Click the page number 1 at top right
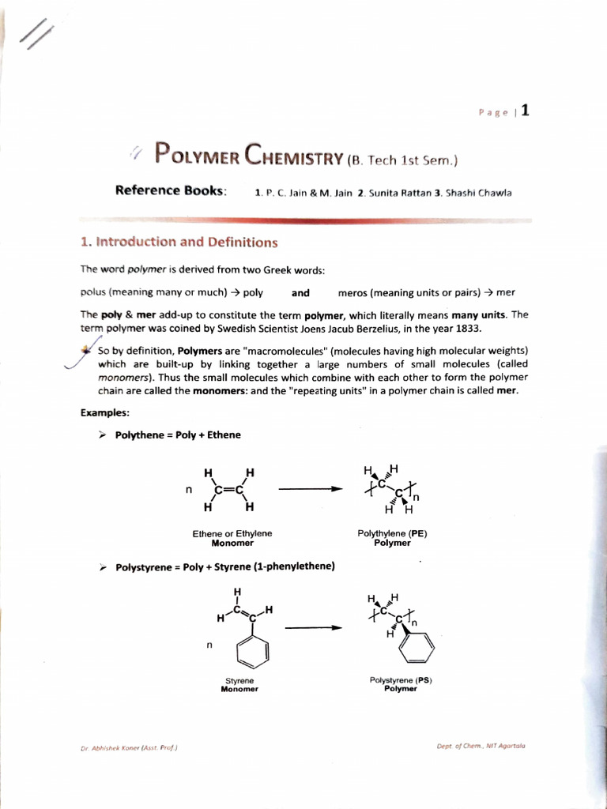click(x=524, y=110)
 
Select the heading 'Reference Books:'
click(x=171, y=190)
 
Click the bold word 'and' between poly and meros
click(x=300, y=292)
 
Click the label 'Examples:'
click(x=105, y=412)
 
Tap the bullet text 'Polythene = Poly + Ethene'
click(x=178, y=435)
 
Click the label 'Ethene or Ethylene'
click(x=232, y=533)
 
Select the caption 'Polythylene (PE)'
click(x=392, y=533)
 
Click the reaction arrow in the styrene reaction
click(x=313, y=628)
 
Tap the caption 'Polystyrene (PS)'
click(x=401, y=679)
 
